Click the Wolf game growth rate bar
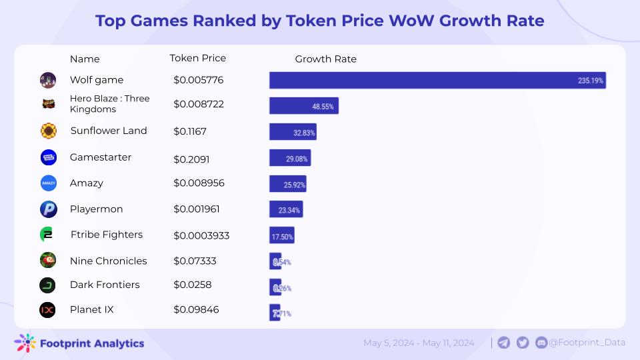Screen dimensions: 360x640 [x=437, y=80]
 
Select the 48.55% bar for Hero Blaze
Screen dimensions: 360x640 [x=303, y=105]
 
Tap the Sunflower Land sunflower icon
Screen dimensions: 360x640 [x=48, y=131]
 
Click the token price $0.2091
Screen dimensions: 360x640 [x=190, y=158]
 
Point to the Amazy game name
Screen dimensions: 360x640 [x=87, y=183]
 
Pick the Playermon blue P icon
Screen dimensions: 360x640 [x=48, y=209]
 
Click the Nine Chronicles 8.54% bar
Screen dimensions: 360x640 [x=275, y=261]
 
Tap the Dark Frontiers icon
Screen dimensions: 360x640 [x=47, y=285]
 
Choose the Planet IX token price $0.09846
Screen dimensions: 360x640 [x=196, y=310]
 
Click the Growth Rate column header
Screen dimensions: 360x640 [x=325, y=59]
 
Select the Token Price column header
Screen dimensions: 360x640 [x=198, y=58]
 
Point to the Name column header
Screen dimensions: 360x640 [x=85, y=59]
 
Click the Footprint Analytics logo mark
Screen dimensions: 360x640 [x=25, y=343]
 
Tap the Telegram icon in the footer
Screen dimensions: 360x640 [x=504, y=343]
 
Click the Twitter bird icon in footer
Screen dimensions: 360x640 [x=523, y=343]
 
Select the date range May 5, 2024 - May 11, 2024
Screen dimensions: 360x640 [x=419, y=343]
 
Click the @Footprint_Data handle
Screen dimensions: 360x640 [x=587, y=343]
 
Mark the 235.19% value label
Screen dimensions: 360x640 [x=590, y=81]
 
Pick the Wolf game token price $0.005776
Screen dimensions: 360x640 [x=198, y=80]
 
